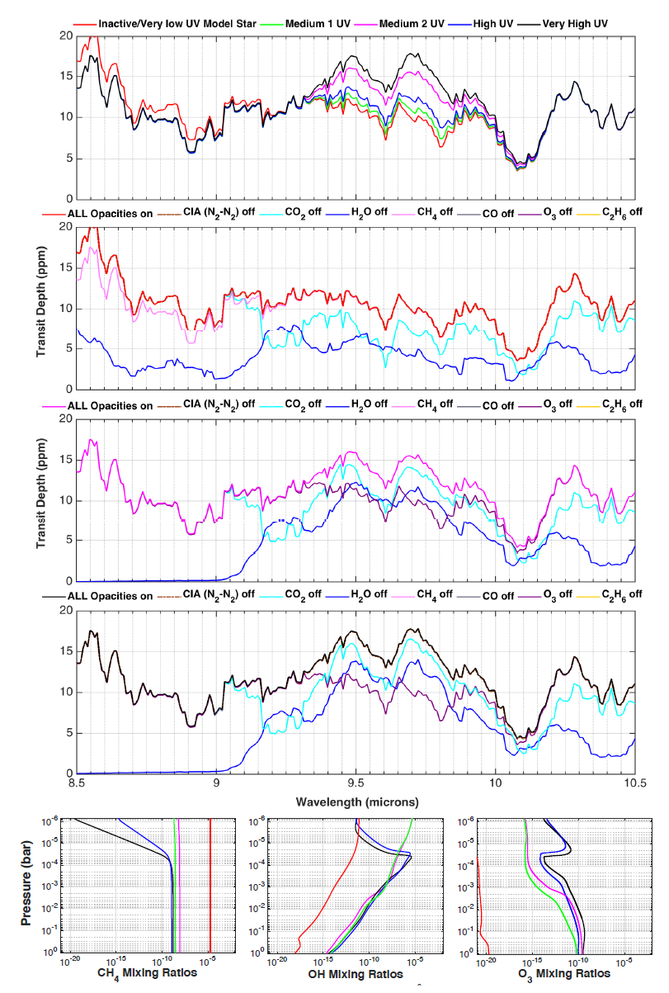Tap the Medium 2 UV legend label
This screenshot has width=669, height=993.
415,24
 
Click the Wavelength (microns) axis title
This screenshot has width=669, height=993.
356,801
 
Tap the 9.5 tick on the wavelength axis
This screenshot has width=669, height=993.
356,783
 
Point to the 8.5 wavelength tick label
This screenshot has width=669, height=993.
77,783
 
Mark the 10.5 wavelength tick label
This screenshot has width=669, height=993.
634,783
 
